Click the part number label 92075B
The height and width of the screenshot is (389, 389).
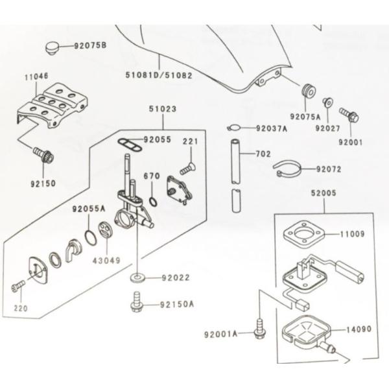point(90,45)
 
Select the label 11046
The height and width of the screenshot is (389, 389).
point(36,76)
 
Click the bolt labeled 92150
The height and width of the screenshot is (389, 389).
point(45,156)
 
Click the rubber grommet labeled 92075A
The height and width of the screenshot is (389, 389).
point(308,91)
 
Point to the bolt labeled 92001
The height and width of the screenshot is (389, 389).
point(351,117)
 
